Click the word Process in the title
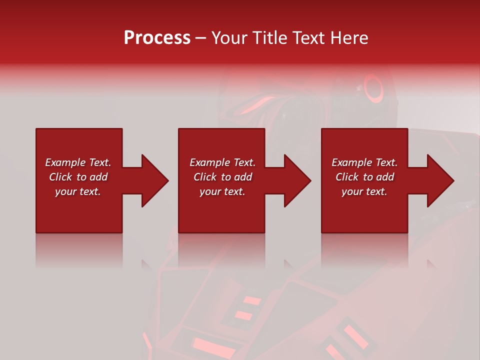(157, 38)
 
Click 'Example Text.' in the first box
(78, 162)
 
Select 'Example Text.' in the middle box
(222, 162)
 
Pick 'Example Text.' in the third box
(364, 162)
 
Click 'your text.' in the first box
(78, 191)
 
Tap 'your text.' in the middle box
(222, 191)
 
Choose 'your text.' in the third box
(364, 191)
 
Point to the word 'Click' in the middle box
(205, 177)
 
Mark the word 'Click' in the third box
(347, 177)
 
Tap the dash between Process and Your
(200, 38)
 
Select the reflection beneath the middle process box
(221, 250)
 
